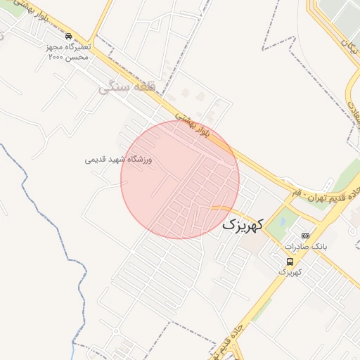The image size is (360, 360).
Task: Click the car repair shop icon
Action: pos(67,36)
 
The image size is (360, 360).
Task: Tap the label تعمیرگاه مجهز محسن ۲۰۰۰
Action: pos(68,51)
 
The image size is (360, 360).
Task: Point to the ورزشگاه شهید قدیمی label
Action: pos(119,160)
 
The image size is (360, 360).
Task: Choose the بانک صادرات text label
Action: pos(306,247)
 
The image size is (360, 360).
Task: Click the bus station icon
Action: pos(290,262)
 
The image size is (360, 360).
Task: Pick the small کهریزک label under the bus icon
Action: pos(290,271)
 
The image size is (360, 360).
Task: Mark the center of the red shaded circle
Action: pos(180,179)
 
